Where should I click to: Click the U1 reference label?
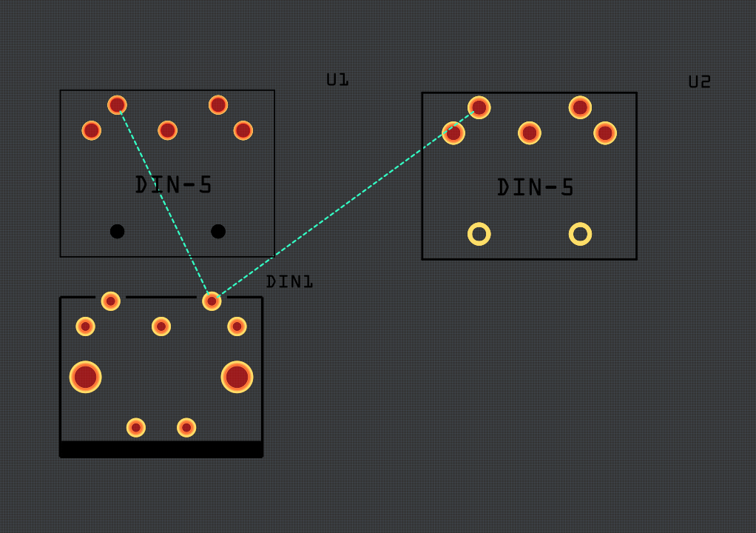click(x=337, y=79)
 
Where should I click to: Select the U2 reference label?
click(x=699, y=81)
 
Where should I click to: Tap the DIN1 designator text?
click(x=289, y=281)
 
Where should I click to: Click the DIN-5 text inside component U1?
click(x=174, y=184)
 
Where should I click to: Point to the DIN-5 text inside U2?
click(x=536, y=187)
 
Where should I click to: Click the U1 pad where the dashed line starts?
click(x=117, y=105)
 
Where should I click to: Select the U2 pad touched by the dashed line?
click(x=479, y=107)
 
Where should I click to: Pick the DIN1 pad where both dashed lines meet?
click(x=212, y=301)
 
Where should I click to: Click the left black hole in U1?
click(x=117, y=231)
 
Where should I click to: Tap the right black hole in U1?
click(x=218, y=231)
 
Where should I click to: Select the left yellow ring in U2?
click(x=479, y=234)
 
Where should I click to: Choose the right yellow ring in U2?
click(x=580, y=234)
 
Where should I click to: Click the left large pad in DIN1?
click(x=86, y=377)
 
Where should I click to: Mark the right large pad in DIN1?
click(x=237, y=377)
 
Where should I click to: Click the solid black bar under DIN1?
click(x=161, y=449)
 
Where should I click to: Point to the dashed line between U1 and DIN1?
click(x=164, y=204)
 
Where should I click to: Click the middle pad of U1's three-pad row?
click(x=167, y=130)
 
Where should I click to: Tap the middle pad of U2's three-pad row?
click(x=529, y=133)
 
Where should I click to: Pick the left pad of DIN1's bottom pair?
click(x=136, y=427)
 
